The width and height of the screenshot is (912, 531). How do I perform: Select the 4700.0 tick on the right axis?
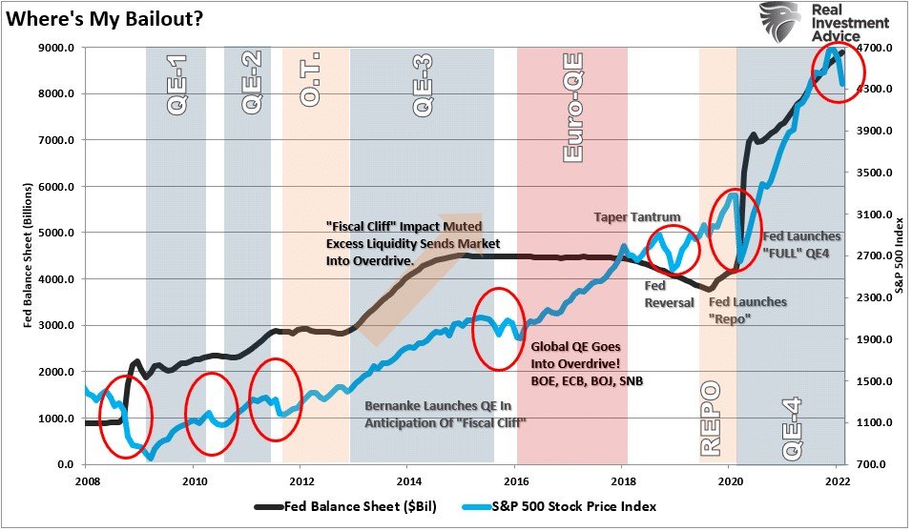coord(874,48)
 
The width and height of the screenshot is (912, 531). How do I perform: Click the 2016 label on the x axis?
coord(516,481)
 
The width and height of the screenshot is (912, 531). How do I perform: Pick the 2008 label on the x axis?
coord(88,481)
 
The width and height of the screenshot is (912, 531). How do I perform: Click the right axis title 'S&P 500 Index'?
coord(897,256)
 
